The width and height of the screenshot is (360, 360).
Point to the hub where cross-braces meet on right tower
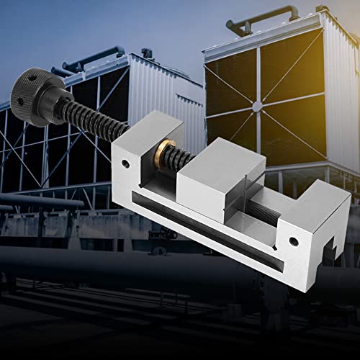click(257, 106)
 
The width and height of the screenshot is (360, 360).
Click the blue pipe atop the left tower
click(86, 60)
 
